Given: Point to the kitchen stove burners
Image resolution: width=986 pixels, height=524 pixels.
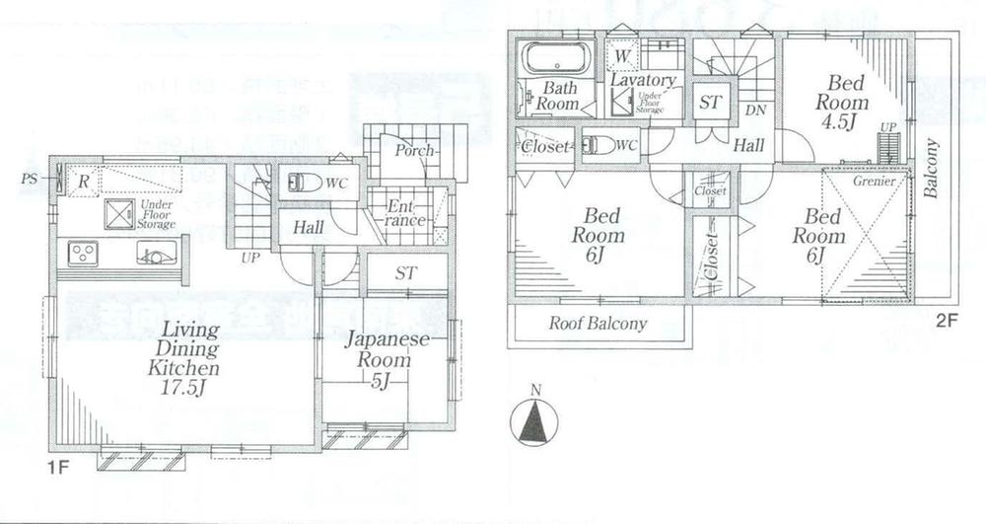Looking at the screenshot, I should pos(82,255).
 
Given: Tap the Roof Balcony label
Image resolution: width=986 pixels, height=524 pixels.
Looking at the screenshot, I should pos(598,323).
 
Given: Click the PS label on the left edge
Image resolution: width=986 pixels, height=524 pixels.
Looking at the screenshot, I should pos(31,180).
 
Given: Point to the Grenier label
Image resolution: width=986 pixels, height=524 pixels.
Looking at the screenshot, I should pos(875,183).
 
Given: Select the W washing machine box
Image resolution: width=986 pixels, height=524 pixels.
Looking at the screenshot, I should pos(623,57).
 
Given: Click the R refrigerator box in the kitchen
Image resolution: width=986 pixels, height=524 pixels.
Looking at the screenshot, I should pos(85,182).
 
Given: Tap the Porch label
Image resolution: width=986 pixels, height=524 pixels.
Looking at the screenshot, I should pos(409,151).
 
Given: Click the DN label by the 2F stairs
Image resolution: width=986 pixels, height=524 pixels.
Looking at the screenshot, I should pos(755,109).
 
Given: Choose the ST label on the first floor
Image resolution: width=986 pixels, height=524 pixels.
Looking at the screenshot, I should pos(405,272).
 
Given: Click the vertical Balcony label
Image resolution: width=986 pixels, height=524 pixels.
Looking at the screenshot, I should pos(933,168).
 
